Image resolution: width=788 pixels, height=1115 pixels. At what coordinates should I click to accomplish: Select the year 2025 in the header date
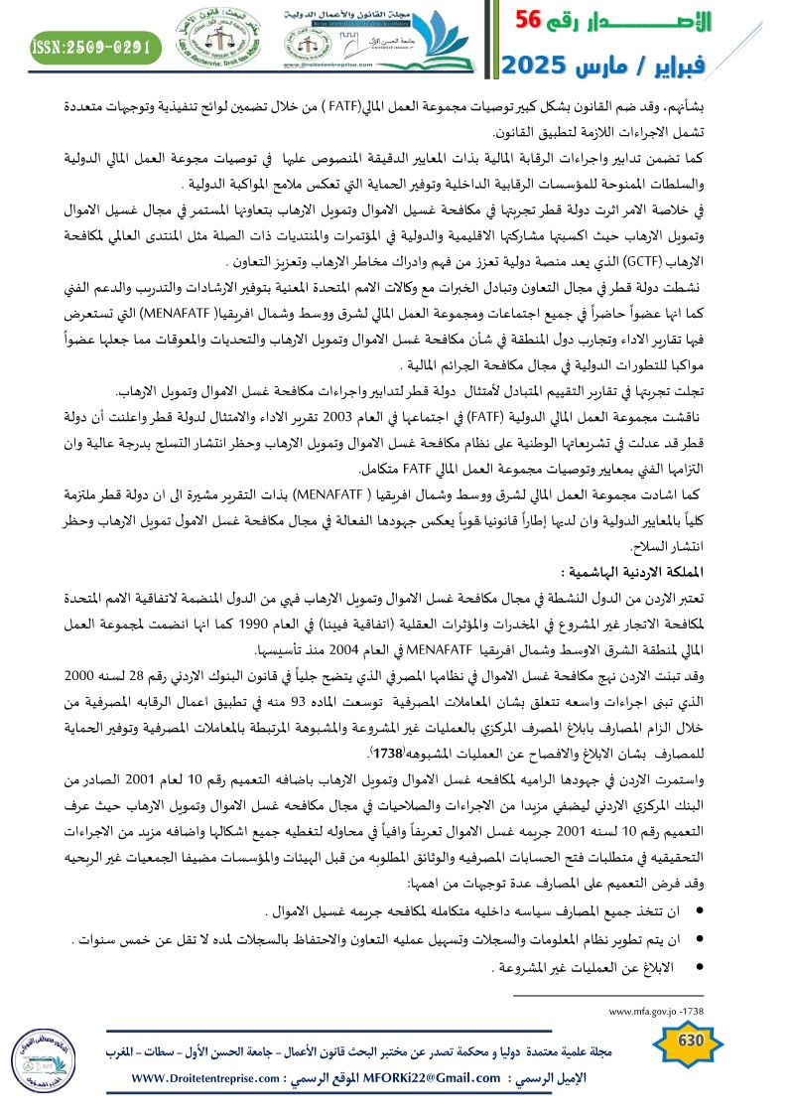pyautogui.click(x=540, y=66)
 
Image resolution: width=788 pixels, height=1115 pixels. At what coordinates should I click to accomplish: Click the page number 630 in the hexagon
pyautogui.click(x=688, y=1041)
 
